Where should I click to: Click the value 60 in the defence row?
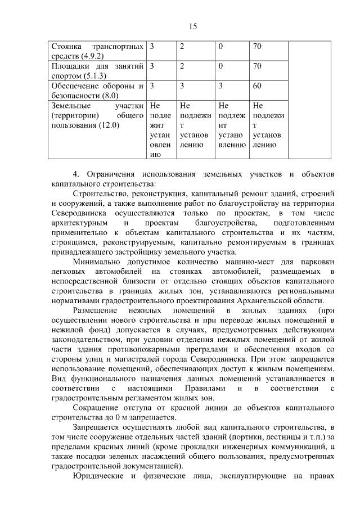point(258,86)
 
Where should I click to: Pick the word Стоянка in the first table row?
point(66,45)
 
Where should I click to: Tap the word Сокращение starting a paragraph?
point(97,407)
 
